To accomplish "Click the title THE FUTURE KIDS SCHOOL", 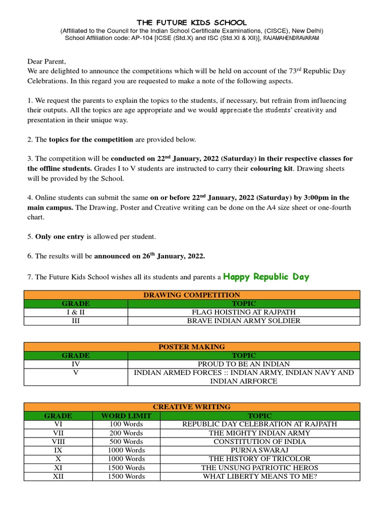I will coord(192,23).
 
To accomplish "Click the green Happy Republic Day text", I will coord(266,276).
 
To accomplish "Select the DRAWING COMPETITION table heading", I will coord(191,295).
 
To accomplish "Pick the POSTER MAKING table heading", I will coord(191,346).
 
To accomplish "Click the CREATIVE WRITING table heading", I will coord(191,407).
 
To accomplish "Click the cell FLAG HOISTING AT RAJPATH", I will coord(243,312).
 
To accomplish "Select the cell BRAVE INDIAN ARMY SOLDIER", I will coord(243,320).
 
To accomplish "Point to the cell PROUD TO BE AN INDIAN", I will coord(243,364).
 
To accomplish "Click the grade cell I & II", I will coord(75,312).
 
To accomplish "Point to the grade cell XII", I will coord(58,476).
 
